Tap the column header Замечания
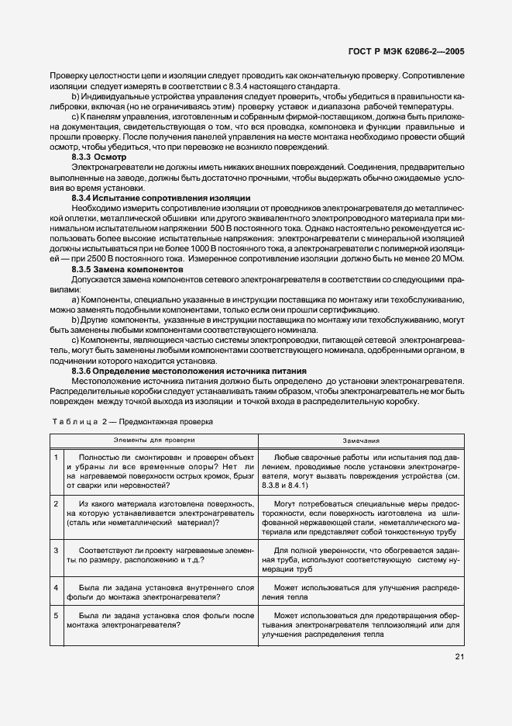click(361, 438)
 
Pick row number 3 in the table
click(56, 550)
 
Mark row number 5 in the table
click(56, 615)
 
